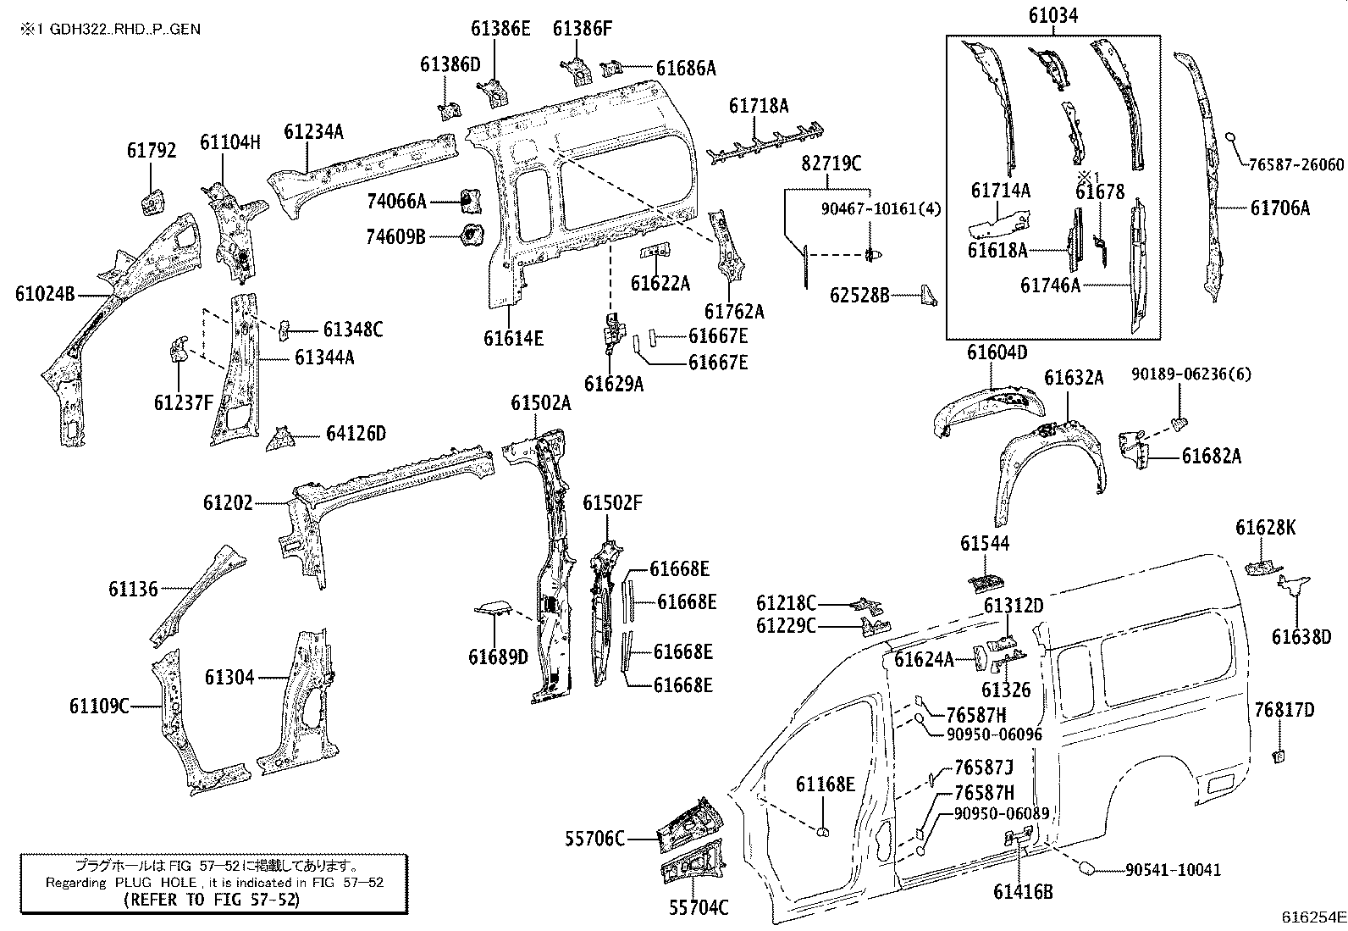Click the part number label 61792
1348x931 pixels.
pyautogui.click(x=152, y=151)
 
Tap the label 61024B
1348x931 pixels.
pyautogui.click(x=45, y=294)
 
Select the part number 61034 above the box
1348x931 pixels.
pyautogui.click(x=1053, y=15)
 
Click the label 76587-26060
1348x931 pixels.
pyautogui.click(x=1296, y=164)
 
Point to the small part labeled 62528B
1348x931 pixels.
pyautogui.click(x=929, y=295)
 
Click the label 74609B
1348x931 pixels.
pyautogui.click(x=395, y=236)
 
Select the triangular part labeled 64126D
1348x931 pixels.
pyautogui.click(x=279, y=441)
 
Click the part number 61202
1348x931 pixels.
pyautogui.click(x=228, y=503)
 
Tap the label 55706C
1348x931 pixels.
pyautogui.click(x=595, y=839)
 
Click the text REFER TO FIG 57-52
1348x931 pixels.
pyautogui.click(x=212, y=900)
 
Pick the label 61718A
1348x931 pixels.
pyautogui.click(x=759, y=106)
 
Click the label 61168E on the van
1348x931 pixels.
pyautogui.click(x=825, y=784)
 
